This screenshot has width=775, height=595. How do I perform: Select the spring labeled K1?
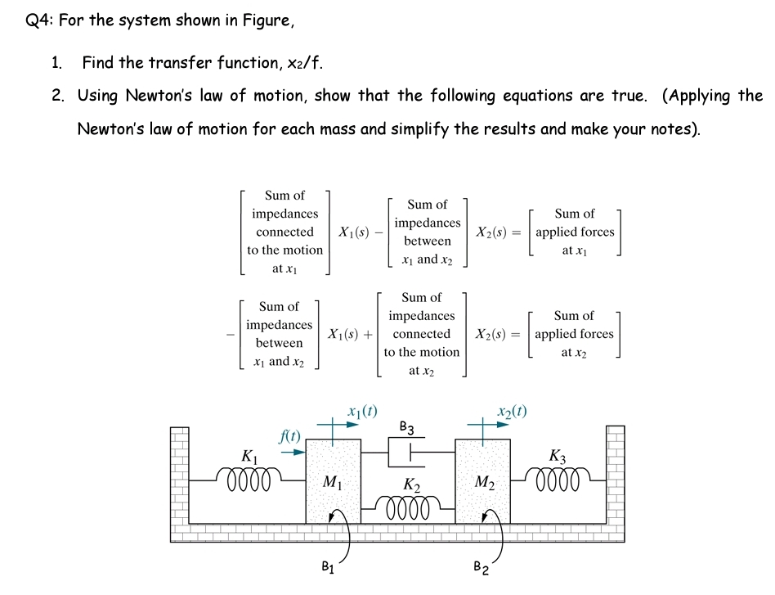(x=249, y=477)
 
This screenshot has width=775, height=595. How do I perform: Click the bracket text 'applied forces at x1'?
(x=575, y=232)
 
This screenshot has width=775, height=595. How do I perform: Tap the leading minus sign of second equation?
(x=232, y=334)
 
